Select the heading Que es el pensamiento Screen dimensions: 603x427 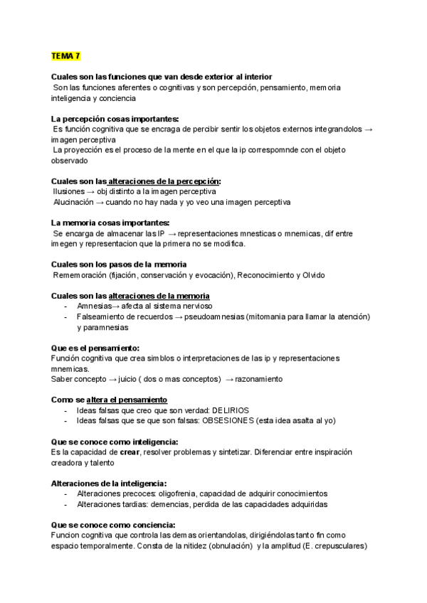pos(96,348)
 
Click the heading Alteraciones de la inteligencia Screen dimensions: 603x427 pos(109,484)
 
